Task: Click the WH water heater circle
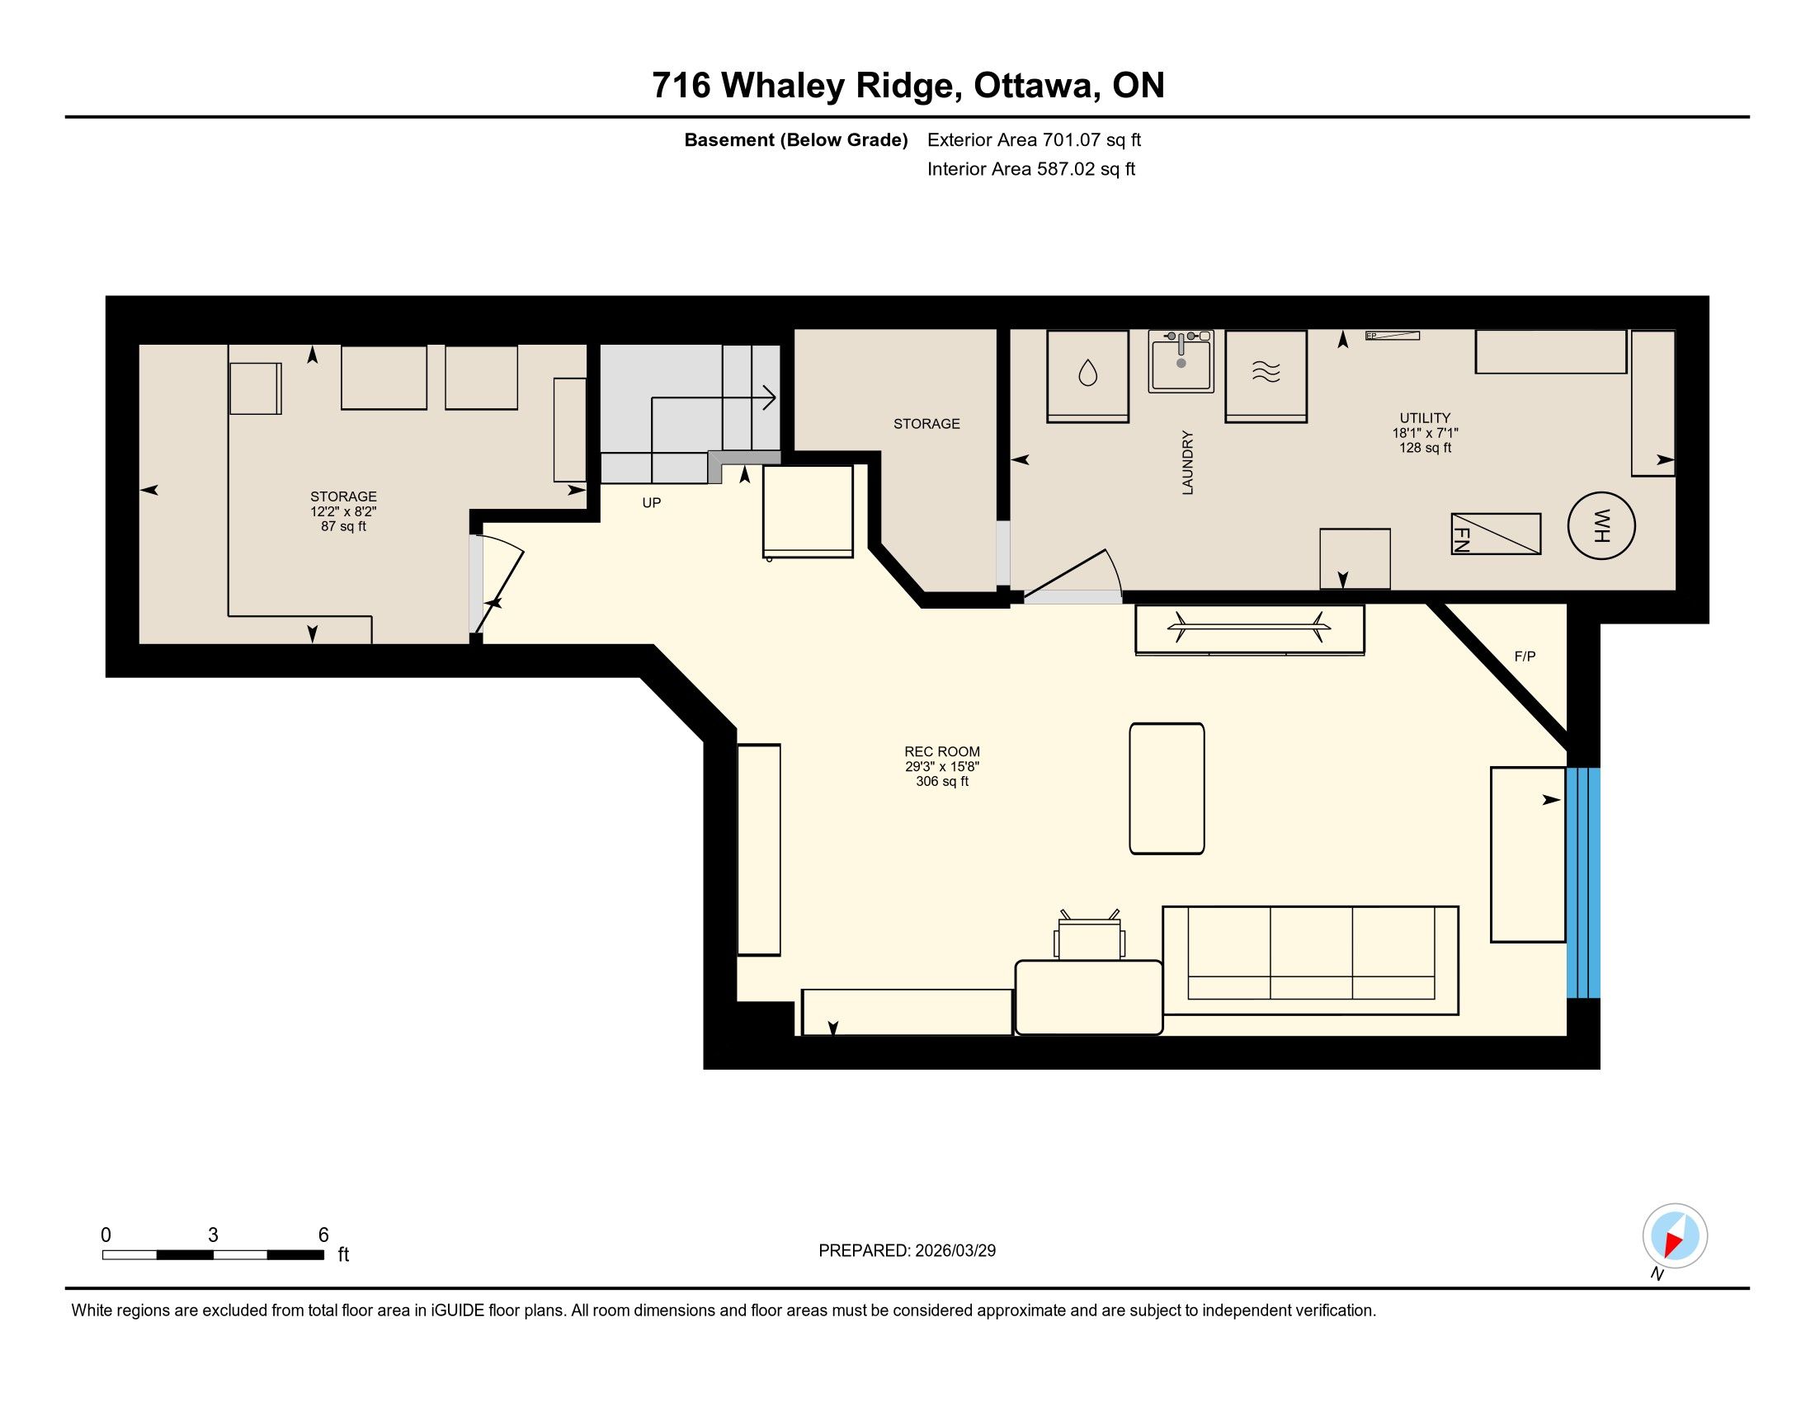pos(1600,526)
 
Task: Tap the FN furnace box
pos(1496,534)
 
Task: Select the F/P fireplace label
pos(1525,656)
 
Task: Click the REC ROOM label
pos(942,751)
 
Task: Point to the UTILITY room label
pos(1426,418)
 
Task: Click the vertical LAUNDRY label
pos(1187,463)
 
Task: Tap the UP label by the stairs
pos(652,502)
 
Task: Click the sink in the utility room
pos(1181,361)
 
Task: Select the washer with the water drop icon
pos(1087,376)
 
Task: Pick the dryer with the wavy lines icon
pos(1266,376)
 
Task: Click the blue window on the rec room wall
pos(1583,882)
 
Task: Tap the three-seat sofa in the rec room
pos(1311,960)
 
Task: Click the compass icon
pos(1675,1236)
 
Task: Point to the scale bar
pos(213,1255)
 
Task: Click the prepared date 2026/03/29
pos(955,1251)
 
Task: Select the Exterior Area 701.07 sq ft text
pos(1034,139)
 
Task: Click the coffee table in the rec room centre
pos(1167,788)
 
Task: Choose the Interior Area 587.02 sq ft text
pos(1031,168)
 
